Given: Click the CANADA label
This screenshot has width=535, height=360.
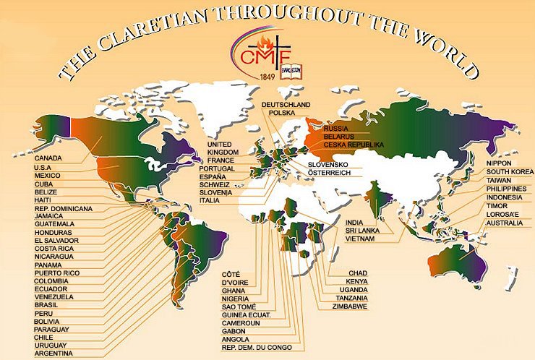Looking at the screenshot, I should click(48, 158).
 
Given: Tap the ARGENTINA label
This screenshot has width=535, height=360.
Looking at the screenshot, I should click(54, 353).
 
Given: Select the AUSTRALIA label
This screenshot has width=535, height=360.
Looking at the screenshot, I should click(505, 223).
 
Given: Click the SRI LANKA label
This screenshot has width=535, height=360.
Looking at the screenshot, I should click(364, 230).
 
